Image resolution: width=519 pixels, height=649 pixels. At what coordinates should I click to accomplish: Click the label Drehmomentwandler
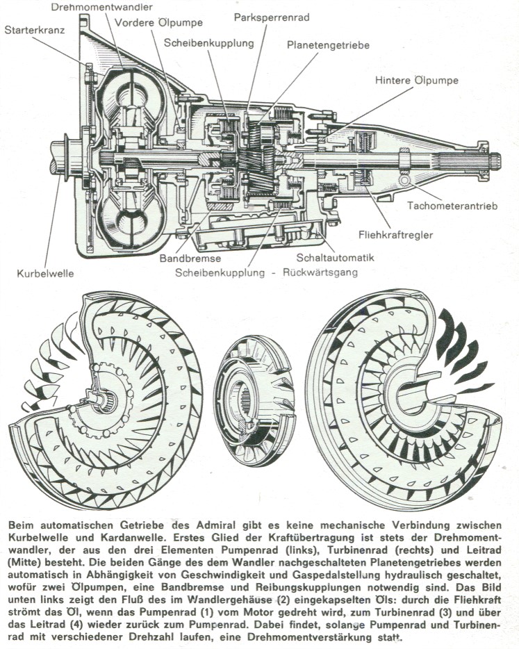pyautogui.click(x=102, y=7)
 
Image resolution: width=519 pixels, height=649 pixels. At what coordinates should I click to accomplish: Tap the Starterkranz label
pyautogui.click(x=35, y=30)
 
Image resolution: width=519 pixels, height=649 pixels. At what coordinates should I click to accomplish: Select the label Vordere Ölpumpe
pyautogui.click(x=158, y=22)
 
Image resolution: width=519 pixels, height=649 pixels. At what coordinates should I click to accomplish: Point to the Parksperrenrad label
pyautogui.click(x=272, y=17)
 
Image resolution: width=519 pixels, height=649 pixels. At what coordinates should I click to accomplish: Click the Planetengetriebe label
pyautogui.click(x=328, y=45)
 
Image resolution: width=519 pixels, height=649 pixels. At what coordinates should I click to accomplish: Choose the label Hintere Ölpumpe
pyautogui.click(x=417, y=81)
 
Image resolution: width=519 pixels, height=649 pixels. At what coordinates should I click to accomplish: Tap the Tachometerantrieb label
pyautogui.click(x=452, y=206)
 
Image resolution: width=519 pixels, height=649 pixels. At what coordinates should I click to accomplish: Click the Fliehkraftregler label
pyautogui.click(x=395, y=235)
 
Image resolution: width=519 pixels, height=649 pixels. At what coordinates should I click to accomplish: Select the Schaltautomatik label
pyautogui.click(x=336, y=258)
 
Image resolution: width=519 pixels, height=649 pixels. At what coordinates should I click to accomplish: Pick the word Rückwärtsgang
pyautogui.click(x=320, y=272)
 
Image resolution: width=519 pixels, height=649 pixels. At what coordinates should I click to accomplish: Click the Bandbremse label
pyautogui.click(x=190, y=258)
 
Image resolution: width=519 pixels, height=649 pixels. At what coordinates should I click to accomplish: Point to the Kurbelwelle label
pyautogui.click(x=46, y=274)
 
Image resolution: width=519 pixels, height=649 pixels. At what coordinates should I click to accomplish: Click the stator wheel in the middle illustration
pyautogui.click(x=254, y=400)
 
